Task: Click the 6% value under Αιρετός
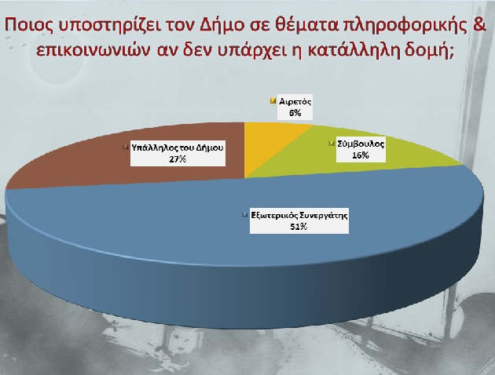click(x=295, y=113)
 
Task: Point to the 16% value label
click(x=361, y=155)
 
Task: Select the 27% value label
click(x=178, y=158)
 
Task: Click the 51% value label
click(x=299, y=227)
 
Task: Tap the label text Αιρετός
click(x=295, y=102)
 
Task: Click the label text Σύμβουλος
click(x=361, y=144)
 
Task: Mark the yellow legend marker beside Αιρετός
click(x=273, y=101)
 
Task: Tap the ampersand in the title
click(x=479, y=24)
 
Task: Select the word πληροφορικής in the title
click(x=405, y=25)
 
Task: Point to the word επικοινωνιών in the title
click(x=93, y=51)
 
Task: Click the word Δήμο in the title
click(x=222, y=25)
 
